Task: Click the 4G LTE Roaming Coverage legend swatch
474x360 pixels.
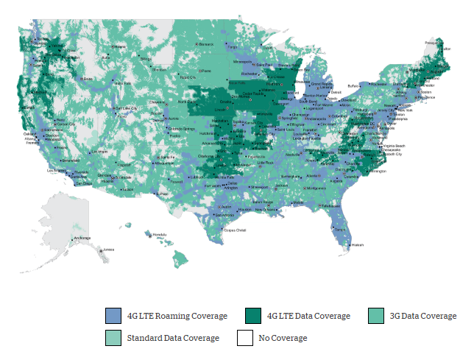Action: click(x=113, y=316)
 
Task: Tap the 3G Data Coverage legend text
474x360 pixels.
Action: click(x=422, y=316)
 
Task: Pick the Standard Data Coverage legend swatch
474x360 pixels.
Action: click(x=113, y=338)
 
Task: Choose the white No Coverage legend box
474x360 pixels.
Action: click(x=245, y=338)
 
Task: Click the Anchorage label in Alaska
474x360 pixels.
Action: click(x=82, y=239)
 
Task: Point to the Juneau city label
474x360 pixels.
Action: click(x=108, y=249)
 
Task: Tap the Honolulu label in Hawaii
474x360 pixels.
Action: click(x=158, y=235)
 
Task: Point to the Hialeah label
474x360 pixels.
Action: click(x=358, y=244)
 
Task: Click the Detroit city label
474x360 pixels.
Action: click(x=336, y=92)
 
